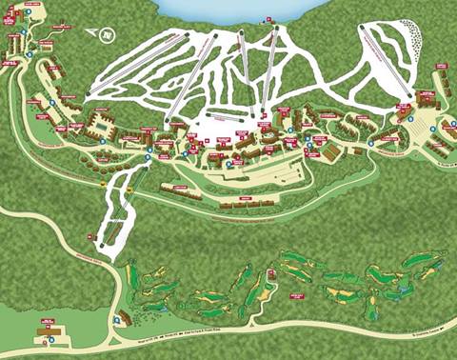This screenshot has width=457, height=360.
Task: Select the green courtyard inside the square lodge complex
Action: [99, 124]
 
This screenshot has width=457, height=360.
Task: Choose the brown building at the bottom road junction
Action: [123, 318]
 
